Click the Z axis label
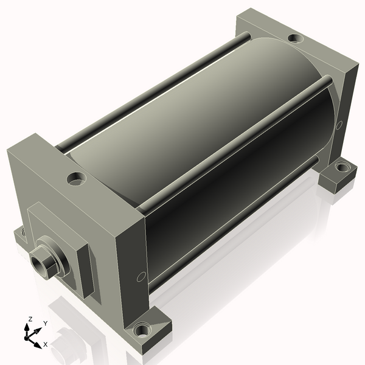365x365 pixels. [x=30, y=319]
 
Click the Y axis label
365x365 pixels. [x=46, y=323]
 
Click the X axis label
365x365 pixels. [x=46, y=344]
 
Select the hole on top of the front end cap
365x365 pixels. [x=77, y=178]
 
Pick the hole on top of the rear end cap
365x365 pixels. [x=296, y=38]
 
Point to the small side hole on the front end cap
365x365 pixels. [x=141, y=277]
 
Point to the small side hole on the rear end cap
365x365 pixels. [x=339, y=125]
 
